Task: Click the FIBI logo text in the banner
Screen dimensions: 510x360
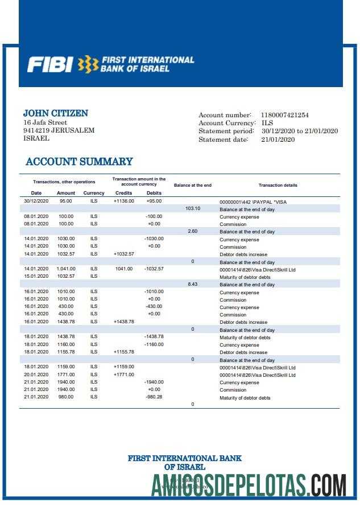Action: coord(50,64)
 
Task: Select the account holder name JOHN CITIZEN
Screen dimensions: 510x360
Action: coord(55,113)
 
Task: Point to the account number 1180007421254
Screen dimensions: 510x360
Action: coord(284,115)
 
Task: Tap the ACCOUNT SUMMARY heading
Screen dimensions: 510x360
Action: coord(79,162)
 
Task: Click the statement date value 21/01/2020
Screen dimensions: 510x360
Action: coord(278,140)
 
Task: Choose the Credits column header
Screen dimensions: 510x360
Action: coord(123,193)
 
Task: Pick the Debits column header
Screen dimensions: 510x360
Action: coord(154,193)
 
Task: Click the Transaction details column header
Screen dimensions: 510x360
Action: coord(278,185)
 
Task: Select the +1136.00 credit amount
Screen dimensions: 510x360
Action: coord(123,201)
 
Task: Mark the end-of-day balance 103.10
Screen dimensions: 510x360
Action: coord(193,208)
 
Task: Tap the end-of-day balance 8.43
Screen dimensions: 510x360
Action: coord(193,284)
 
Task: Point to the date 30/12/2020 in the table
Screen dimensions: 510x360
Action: coord(36,201)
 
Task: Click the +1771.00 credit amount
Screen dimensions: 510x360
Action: coord(123,375)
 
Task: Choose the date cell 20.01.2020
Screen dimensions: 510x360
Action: coord(36,375)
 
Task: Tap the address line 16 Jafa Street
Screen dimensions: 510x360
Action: coord(45,122)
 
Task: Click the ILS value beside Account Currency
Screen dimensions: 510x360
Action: coord(267,123)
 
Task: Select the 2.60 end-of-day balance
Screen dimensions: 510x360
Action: coord(193,231)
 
